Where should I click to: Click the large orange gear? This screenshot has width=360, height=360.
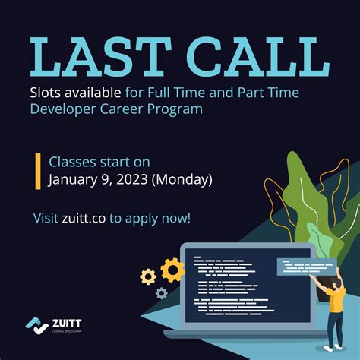pos(173,270)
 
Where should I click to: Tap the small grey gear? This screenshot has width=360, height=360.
pos(161,292)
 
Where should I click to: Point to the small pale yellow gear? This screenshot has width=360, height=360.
pos(148,277)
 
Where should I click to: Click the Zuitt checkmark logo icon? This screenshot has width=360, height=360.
pos(35,326)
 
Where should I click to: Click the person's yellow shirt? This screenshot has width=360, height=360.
pos(336,298)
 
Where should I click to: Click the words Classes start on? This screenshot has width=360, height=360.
pos(99,162)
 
